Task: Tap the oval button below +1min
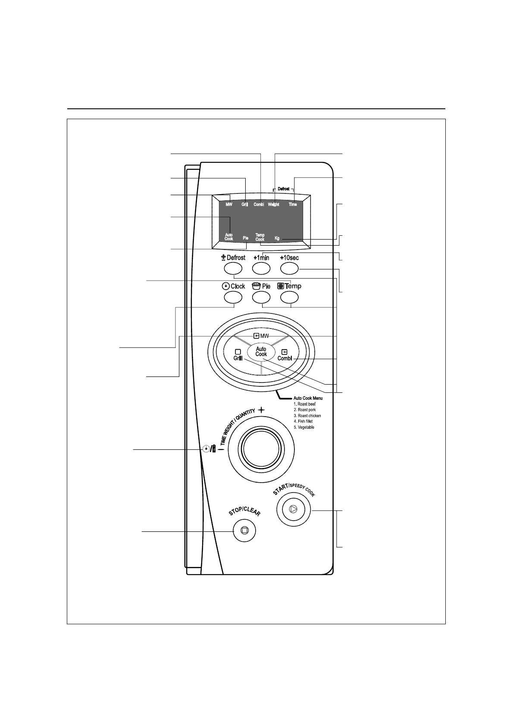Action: click(x=261, y=269)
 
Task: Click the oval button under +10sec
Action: click(x=289, y=269)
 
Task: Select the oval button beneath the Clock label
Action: click(x=233, y=297)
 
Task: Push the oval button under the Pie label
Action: click(x=261, y=297)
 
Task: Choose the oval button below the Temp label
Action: click(x=289, y=297)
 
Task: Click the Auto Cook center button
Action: click(x=261, y=351)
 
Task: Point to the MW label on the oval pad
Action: click(x=261, y=335)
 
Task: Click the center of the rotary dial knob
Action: click(x=261, y=449)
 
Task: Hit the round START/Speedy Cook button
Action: click(x=293, y=509)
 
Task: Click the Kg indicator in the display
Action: click(x=277, y=238)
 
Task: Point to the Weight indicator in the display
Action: click(x=273, y=205)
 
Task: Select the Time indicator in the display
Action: click(x=293, y=205)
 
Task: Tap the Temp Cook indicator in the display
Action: click(x=260, y=237)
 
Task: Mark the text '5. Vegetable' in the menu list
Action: click(x=304, y=427)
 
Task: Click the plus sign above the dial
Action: click(x=262, y=411)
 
